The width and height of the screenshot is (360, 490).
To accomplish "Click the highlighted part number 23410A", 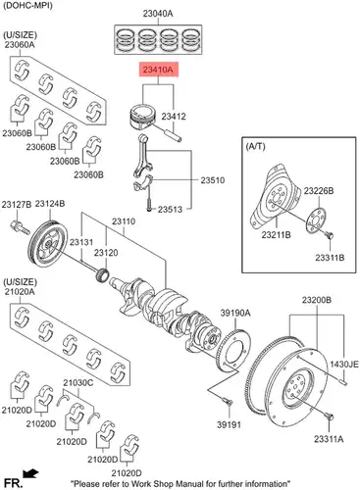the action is pyautogui.click(x=159, y=70).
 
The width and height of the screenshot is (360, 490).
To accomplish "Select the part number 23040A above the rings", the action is pyautogui.click(x=158, y=14).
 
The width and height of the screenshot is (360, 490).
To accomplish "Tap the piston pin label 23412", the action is pyautogui.click(x=174, y=117).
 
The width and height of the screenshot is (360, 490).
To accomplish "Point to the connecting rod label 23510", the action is pyautogui.click(x=213, y=180).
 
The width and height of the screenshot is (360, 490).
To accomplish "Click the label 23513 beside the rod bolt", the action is pyautogui.click(x=170, y=210).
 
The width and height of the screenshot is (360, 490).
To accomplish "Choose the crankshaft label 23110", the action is pyautogui.click(x=124, y=221).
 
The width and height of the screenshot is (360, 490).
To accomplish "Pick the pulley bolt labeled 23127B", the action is pyautogui.click(x=21, y=227).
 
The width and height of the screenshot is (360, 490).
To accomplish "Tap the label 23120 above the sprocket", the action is pyautogui.click(x=106, y=253).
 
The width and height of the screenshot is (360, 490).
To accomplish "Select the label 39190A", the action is pyautogui.click(x=235, y=314).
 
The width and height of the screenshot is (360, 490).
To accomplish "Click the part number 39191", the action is pyautogui.click(x=229, y=424).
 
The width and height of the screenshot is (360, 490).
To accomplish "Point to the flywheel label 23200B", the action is pyautogui.click(x=317, y=300).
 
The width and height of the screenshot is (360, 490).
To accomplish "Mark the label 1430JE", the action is pyautogui.click(x=344, y=364).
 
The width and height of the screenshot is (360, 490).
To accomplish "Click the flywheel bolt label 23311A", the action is pyautogui.click(x=329, y=439).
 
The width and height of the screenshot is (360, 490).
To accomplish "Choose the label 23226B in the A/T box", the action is pyautogui.click(x=319, y=191).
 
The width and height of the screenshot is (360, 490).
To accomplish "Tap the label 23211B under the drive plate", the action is pyautogui.click(x=277, y=234).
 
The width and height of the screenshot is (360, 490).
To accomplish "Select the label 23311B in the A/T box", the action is pyautogui.click(x=330, y=258).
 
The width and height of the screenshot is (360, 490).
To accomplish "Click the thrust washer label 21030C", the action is pyautogui.click(x=78, y=382).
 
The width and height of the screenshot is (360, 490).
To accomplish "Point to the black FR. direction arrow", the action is pyautogui.click(x=30, y=473).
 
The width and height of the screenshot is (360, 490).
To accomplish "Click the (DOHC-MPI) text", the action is pyautogui.click(x=27, y=5).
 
